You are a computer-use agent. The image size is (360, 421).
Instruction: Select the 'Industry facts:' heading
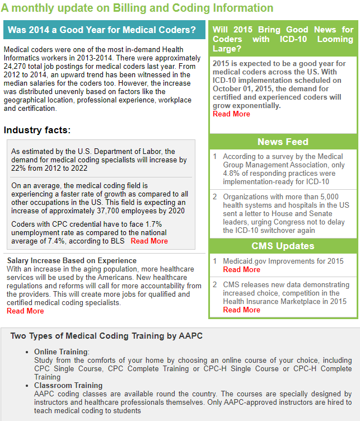pos(38,130)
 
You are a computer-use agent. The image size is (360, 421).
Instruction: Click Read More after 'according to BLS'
pos(149,241)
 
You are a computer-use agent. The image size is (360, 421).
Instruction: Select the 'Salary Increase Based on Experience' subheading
pos(72,260)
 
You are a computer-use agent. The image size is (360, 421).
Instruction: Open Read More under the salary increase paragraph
pos(25,311)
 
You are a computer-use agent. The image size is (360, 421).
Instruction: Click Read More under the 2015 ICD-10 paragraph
pos(231,114)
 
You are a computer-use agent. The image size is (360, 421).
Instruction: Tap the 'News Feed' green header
pos(283,142)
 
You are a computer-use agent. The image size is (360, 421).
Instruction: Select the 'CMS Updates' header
pos(283,246)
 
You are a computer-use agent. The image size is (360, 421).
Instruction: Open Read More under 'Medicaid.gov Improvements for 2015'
pos(241,269)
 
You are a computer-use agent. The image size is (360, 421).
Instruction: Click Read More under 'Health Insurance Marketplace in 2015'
pos(241,310)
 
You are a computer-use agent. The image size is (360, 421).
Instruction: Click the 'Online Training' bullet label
pos(61,352)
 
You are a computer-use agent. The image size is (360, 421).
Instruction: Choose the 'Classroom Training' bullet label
pos(68,385)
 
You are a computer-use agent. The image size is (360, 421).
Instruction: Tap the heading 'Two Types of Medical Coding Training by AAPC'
pos(106,336)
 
